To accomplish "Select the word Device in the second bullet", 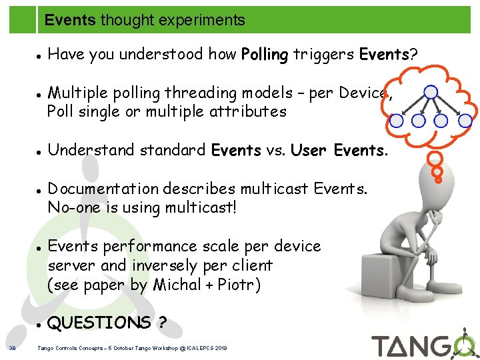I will tap(363, 93).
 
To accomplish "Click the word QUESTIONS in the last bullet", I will tap(100, 323).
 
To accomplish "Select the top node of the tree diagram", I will tap(431, 92).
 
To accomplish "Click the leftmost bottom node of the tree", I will tap(396, 121).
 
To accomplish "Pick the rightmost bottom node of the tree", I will tap(465, 121).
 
